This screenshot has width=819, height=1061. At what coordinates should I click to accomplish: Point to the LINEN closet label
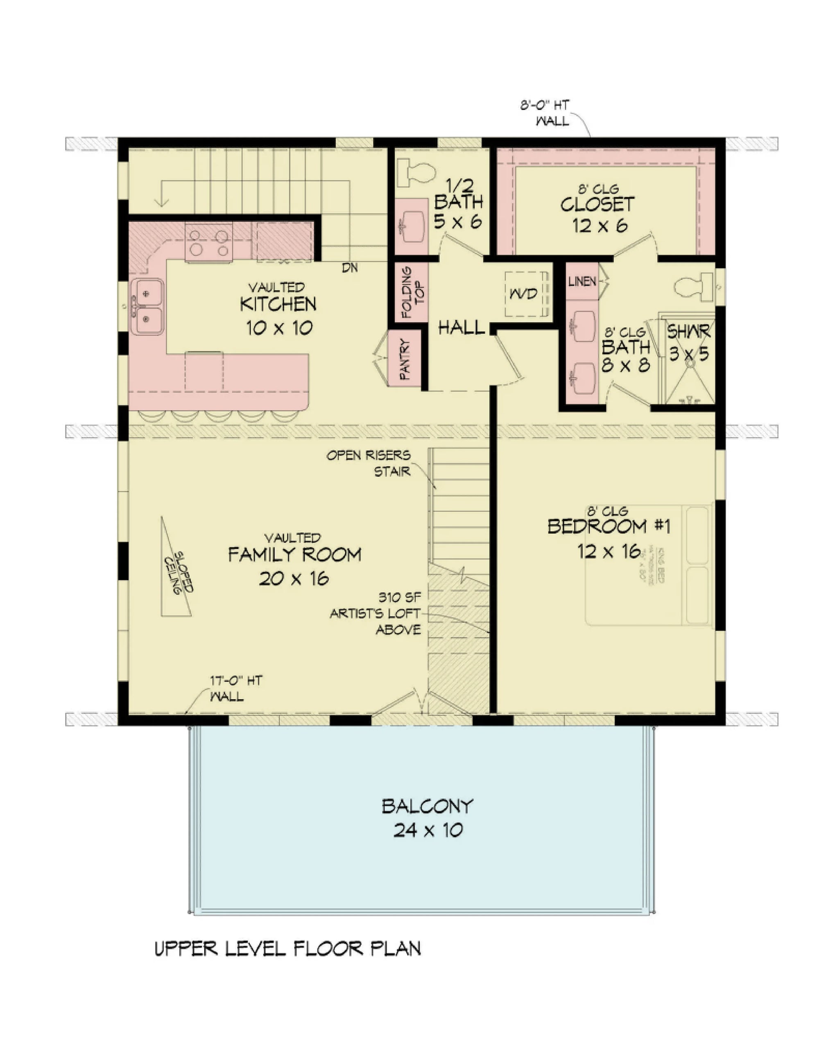tap(582, 281)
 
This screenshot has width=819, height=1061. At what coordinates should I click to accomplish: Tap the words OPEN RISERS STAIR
tap(369, 463)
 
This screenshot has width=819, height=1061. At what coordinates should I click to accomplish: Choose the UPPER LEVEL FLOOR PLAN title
tap(288, 949)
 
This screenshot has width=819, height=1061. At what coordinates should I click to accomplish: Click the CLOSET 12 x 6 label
tap(597, 214)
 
